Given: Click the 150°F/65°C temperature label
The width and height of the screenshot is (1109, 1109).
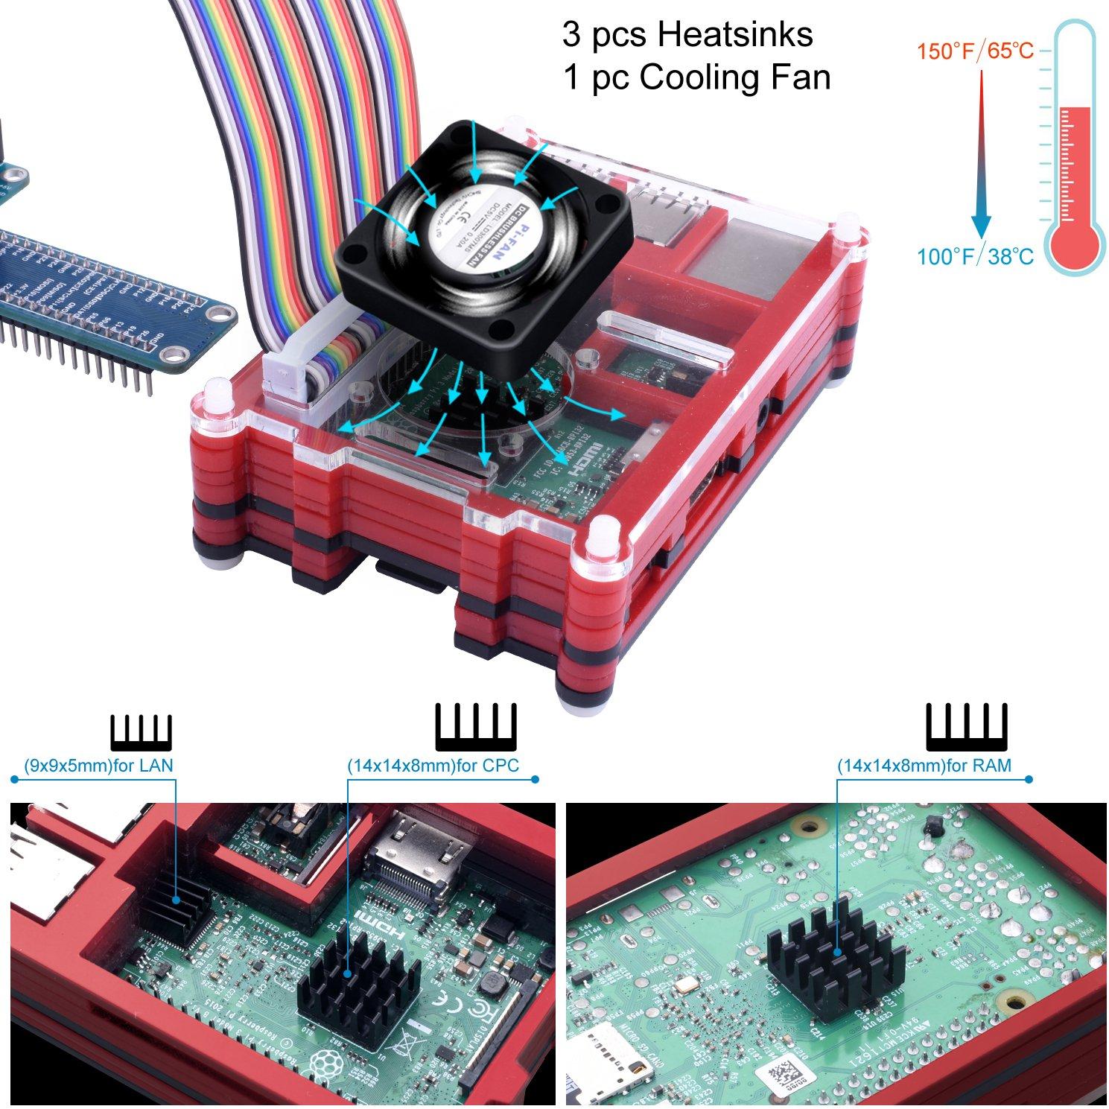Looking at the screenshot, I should [x=974, y=51].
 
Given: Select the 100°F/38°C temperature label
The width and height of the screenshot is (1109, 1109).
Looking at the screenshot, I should [x=974, y=257].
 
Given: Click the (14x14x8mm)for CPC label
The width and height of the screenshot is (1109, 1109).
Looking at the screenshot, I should [x=433, y=765].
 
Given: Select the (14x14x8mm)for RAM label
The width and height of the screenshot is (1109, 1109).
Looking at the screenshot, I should [x=924, y=765].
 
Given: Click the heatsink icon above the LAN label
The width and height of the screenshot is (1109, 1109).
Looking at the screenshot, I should [x=142, y=731].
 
